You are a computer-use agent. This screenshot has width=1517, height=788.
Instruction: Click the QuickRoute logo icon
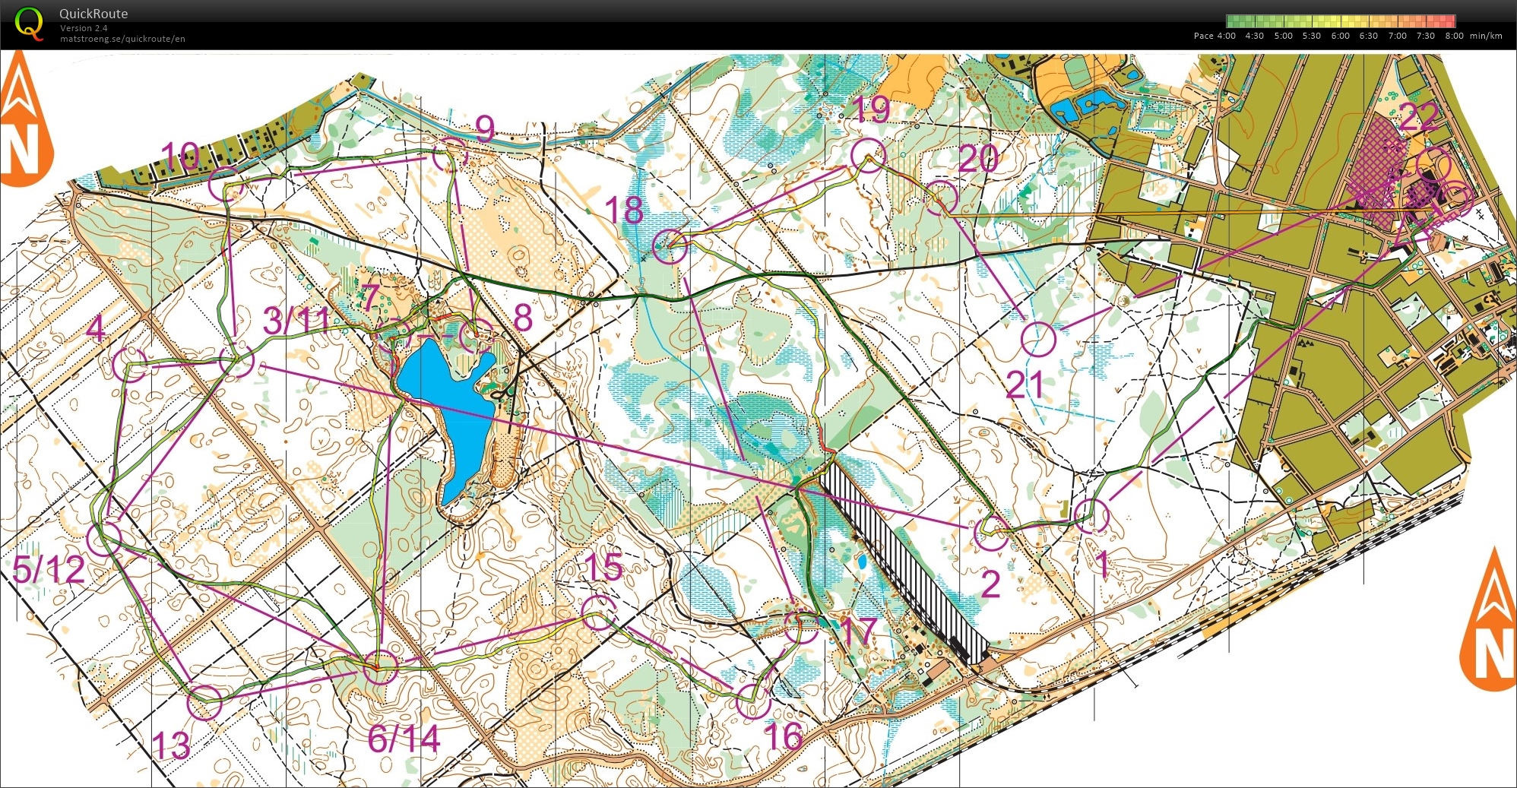pyautogui.click(x=29, y=22)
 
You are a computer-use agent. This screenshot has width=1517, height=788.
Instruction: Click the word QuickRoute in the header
pyautogui.click(x=93, y=14)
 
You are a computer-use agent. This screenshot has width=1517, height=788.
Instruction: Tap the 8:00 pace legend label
pyautogui.click(x=1454, y=36)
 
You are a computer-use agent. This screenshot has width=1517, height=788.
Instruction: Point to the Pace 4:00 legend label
pyautogui.click(x=1215, y=36)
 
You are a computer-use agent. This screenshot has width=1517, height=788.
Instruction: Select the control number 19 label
pyautogui.click(x=871, y=109)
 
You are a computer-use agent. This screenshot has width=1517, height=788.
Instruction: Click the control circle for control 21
pyautogui.click(x=1038, y=339)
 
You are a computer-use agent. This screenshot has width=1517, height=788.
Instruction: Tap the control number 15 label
pyautogui.click(x=604, y=567)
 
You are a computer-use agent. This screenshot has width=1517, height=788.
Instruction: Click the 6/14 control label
pyautogui.click(x=404, y=739)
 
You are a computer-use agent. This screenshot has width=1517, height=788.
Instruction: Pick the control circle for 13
pyautogui.click(x=204, y=702)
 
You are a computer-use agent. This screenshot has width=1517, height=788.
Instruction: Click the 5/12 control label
pyautogui.click(x=49, y=569)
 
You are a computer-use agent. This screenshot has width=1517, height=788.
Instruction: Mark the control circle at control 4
pyautogui.click(x=130, y=364)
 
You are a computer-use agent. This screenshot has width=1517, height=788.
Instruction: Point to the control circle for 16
pyautogui.click(x=753, y=701)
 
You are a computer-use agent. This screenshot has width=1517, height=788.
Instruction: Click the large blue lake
pyautogui.click(x=448, y=414)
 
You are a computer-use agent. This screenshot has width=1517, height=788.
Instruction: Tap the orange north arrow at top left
pyautogui.click(x=24, y=122)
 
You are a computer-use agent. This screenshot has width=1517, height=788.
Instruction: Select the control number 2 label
pyautogui.click(x=990, y=584)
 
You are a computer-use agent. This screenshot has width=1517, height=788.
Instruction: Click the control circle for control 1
pyautogui.click(x=1092, y=516)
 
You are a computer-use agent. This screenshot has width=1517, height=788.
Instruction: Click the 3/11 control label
pyautogui.click(x=296, y=321)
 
